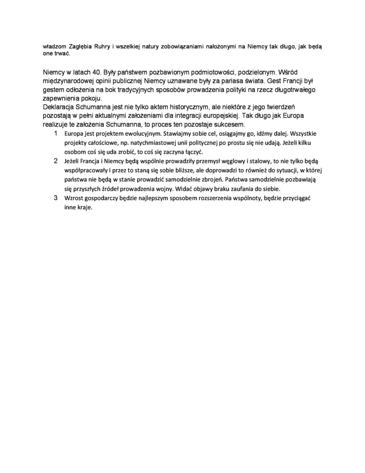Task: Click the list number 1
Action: [56, 133]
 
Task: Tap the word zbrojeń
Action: [209, 180]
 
